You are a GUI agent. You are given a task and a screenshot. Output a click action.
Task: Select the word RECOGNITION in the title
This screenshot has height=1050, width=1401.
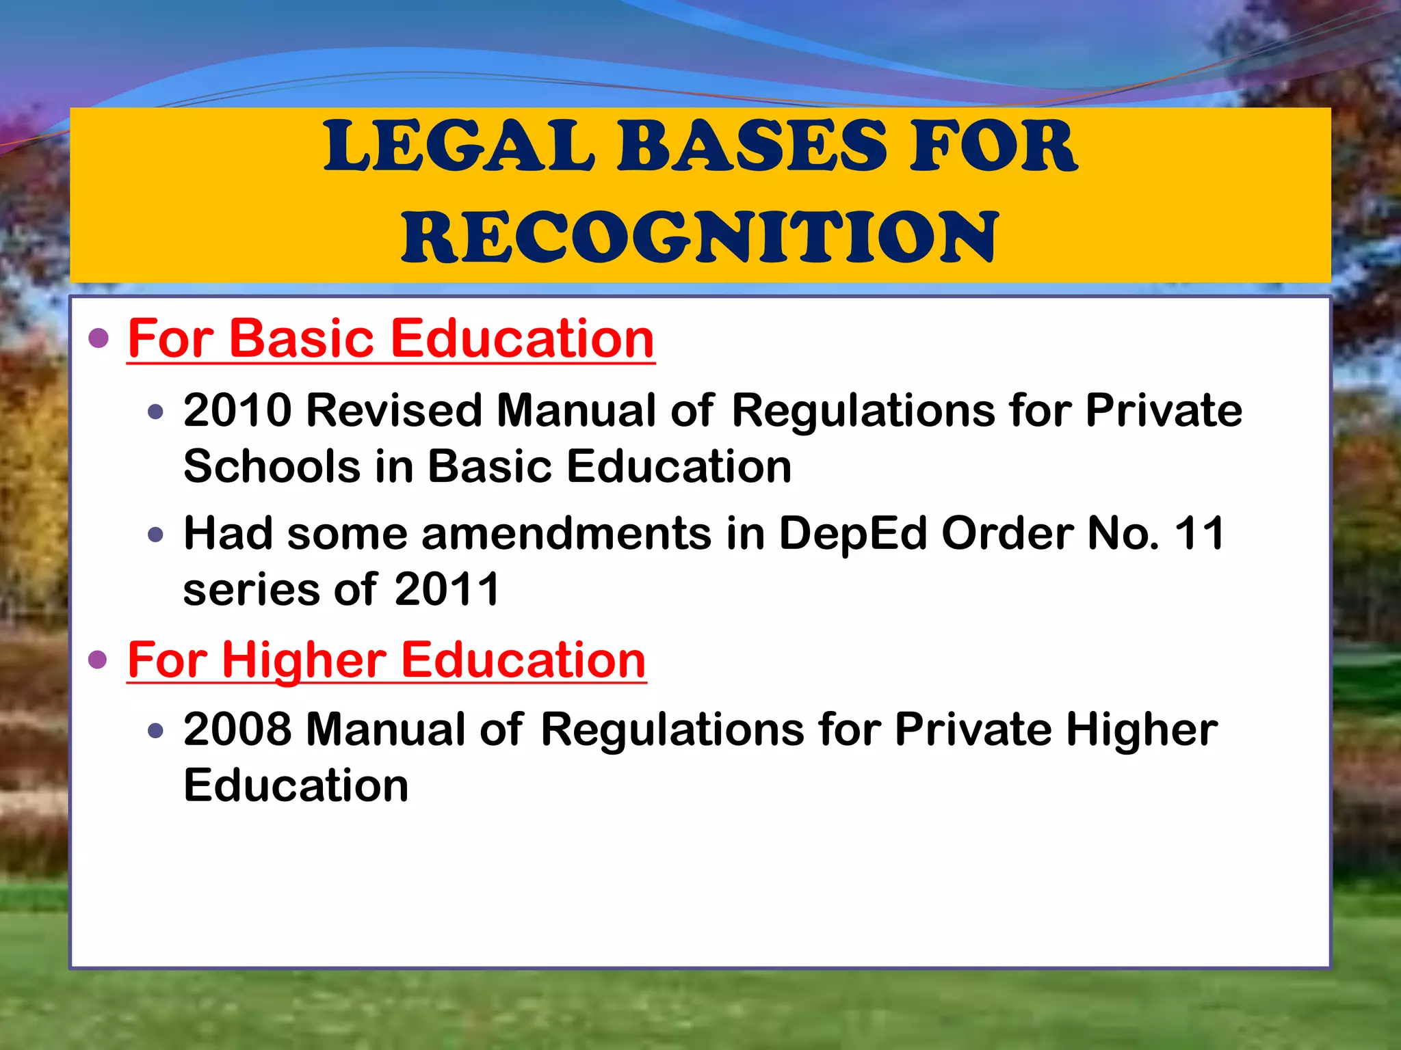click(x=700, y=237)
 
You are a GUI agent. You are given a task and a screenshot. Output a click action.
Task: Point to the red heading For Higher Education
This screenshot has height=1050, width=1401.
click(x=387, y=660)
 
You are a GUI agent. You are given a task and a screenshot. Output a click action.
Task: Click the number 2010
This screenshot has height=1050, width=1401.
click(x=237, y=411)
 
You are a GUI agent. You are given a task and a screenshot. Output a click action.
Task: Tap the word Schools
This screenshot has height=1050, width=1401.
click(x=272, y=467)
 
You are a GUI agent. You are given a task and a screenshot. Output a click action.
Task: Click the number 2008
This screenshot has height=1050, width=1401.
click(x=237, y=729)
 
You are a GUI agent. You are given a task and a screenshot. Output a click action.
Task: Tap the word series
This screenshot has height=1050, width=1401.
click(x=250, y=589)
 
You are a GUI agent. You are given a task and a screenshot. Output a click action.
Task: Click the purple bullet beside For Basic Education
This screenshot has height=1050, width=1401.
click(x=99, y=338)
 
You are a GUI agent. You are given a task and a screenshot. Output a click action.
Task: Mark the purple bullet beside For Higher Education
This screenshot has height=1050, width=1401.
click(x=99, y=660)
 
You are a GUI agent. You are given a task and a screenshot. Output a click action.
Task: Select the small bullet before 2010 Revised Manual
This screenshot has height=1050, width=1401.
click(x=156, y=412)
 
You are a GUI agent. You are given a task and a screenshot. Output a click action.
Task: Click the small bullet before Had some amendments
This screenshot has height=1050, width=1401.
click(x=156, y=535)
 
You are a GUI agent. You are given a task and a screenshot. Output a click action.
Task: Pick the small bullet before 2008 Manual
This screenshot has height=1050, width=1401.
click(x=156, y=731)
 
